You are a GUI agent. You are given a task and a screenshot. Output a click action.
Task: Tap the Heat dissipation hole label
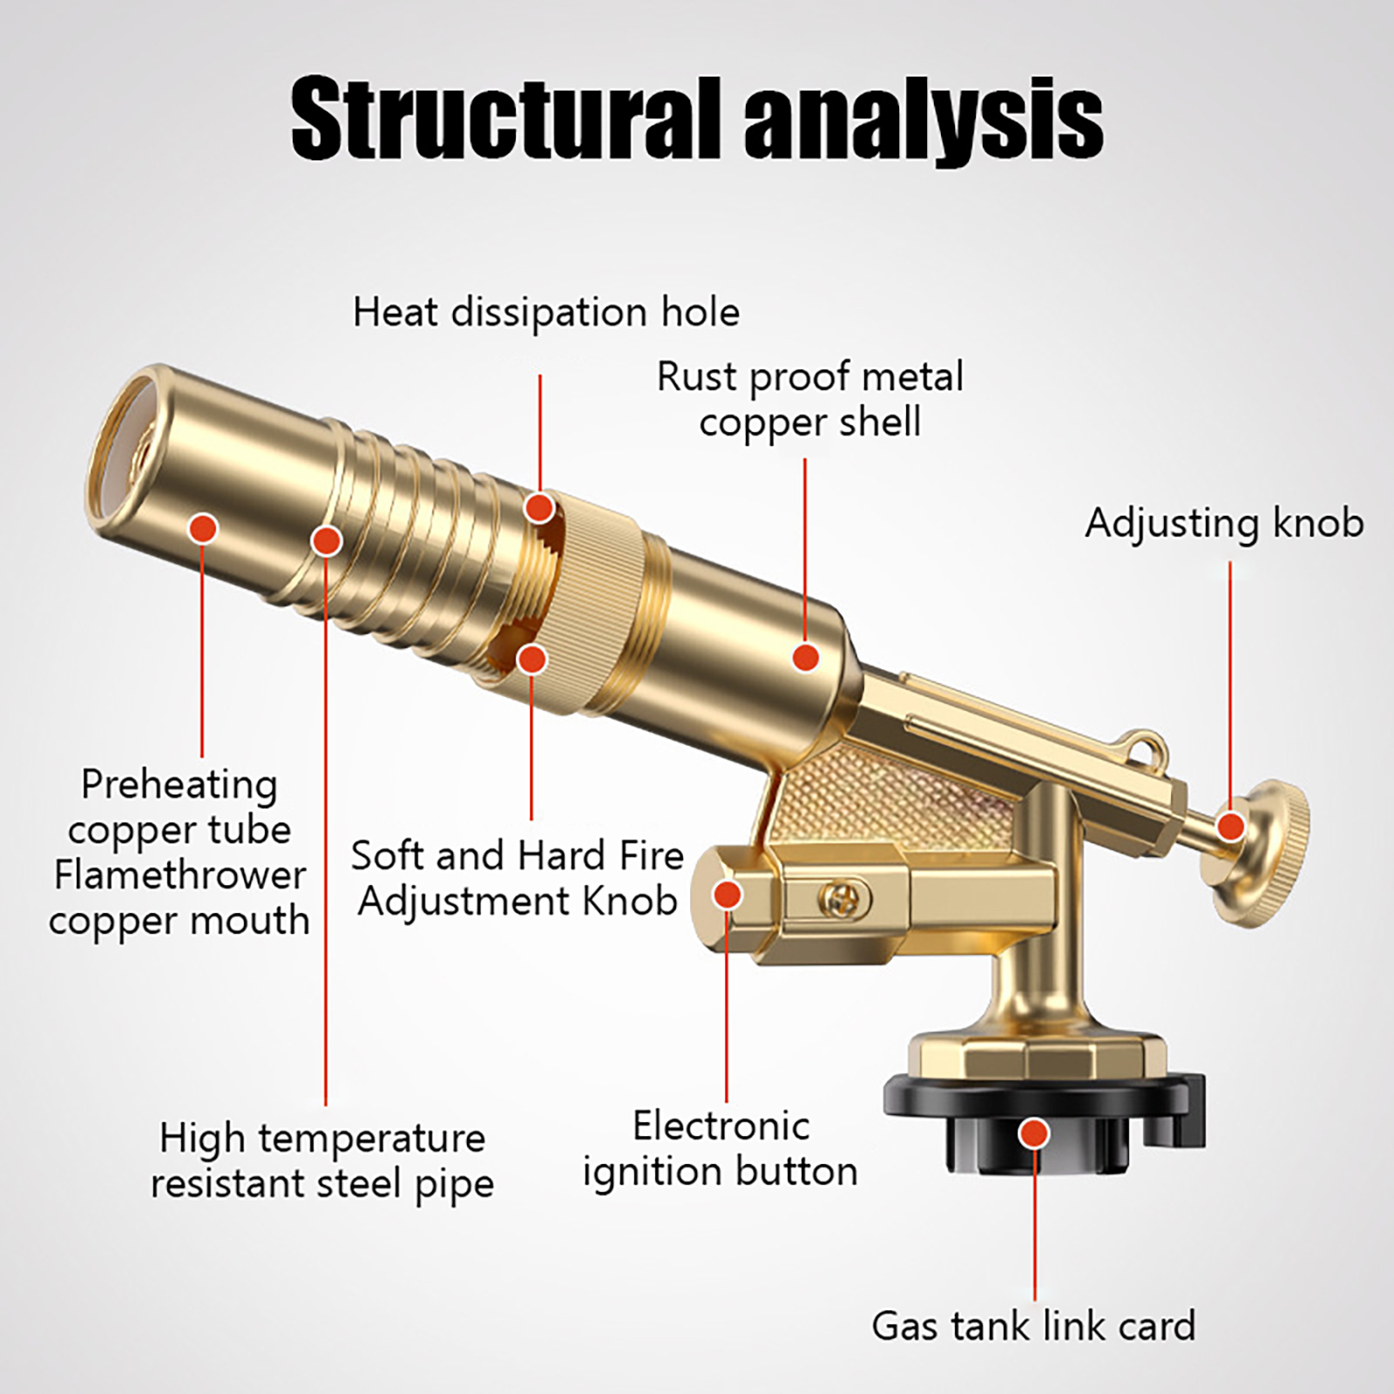click(x=546, y=312)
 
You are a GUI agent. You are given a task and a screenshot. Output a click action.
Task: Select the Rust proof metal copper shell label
click(x=810, y=400)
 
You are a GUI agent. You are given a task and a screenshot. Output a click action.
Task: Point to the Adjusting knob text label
click(x=1224, y=524)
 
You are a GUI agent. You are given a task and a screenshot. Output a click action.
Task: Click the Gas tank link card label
click(x=1033, y=1326)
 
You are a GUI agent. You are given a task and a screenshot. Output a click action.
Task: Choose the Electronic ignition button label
click(x=721, y=1149)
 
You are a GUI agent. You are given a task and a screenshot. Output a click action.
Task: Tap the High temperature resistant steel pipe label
click(x=322, y=1161)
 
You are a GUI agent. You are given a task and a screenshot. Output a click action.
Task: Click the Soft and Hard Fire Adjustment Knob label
click(x=518, y=878)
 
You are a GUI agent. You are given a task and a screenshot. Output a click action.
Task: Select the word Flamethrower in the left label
click(x=180, y=876)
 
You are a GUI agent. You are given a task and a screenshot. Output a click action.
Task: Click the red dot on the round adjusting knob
click(x=1230, y=825)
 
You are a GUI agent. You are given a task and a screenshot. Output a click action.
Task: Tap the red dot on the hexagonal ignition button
click(x=727, y=894)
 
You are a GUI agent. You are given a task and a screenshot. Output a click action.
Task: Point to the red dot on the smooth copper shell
click(x=807, y=657)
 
